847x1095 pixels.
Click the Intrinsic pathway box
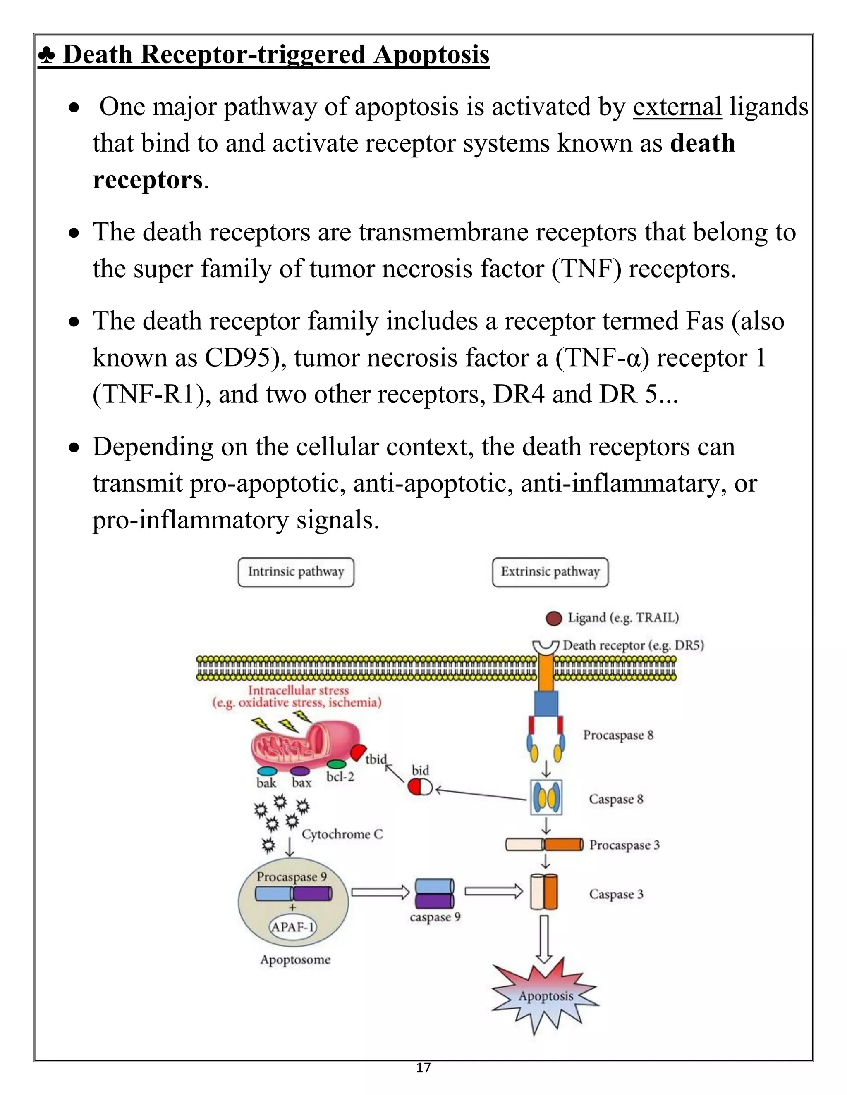(296, 572)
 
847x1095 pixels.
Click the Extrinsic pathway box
(550, 572)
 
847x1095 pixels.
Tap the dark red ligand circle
(553, 619)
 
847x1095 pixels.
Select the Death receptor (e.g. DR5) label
(633, 645)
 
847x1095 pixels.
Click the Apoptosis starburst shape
(546, 996)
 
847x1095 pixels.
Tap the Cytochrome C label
(342, 834)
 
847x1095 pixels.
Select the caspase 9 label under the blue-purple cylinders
(435, 917)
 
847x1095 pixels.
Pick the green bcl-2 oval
(336, 764)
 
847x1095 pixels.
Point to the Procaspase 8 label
(618, 735)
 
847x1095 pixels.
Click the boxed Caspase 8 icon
(546, 797)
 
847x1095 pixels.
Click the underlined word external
(677, 107)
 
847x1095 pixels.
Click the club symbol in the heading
(47, 55)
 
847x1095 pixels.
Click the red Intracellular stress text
(298, 691)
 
